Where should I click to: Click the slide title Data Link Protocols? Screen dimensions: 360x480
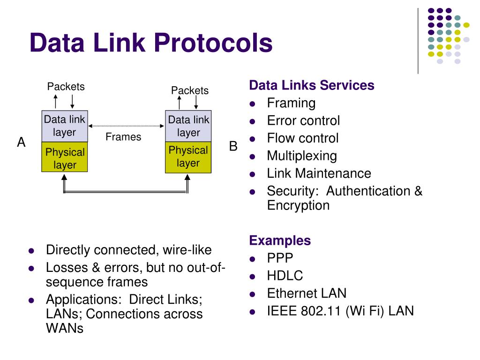coord(150,43)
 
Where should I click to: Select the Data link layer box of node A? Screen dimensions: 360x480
coord(64,126)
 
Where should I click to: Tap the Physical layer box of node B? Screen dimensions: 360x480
coord(188,157)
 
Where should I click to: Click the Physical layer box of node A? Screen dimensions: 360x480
coord(64,158)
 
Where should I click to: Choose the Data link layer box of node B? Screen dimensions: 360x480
coord(188,126)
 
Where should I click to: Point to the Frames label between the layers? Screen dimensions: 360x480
coord(123,137)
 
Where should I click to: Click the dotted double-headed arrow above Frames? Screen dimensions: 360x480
coord(126,126)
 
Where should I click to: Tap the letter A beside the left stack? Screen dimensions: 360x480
coord(21,142)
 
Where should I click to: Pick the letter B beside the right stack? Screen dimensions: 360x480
coord(233,146)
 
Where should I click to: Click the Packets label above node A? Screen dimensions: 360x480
coord(66,87)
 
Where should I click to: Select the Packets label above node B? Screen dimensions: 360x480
coord(189,90)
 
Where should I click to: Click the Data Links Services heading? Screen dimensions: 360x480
coord(312,85)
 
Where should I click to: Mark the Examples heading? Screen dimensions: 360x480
coord(280,240)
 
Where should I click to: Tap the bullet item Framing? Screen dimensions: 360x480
coord(291,103)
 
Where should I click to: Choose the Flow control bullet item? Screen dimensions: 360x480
coord(302,138)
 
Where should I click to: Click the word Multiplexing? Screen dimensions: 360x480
coord(302,156)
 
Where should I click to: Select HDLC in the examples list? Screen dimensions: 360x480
coord(285,276)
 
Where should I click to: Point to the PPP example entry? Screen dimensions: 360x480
coord(280,258)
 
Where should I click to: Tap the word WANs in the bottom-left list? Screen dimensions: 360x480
coord(65,329)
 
